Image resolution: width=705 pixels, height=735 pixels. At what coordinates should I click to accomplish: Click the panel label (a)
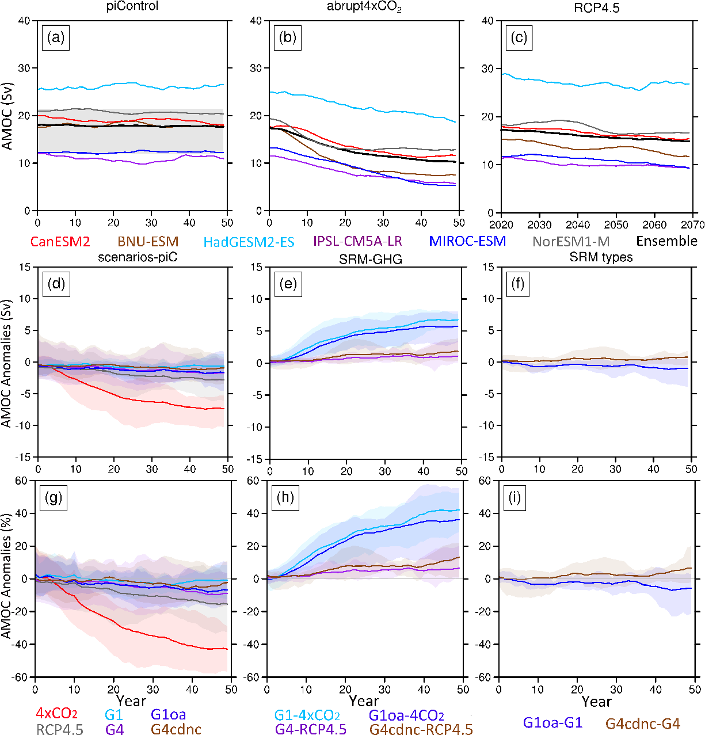(56, 38)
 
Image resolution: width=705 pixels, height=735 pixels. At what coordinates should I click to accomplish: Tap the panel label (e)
(288, 284)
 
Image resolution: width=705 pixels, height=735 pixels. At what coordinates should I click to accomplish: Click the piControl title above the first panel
(132, 7)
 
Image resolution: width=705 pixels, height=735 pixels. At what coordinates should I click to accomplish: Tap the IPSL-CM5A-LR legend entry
(357, 241)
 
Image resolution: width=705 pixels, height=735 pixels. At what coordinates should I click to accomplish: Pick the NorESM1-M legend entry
(571, 242)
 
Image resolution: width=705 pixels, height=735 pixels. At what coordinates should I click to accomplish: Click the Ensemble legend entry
(666, 241)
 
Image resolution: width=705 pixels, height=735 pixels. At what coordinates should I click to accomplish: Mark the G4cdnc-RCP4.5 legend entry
(421, 729)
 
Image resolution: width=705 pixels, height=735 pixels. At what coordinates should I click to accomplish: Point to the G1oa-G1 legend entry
(552, 722)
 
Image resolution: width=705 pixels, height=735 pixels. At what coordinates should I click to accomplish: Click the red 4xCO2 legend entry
(56, 714)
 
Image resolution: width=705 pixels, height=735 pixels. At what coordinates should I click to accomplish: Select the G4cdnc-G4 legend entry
(643, 723)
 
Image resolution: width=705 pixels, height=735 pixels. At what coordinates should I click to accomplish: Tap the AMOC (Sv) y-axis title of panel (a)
(7, 116)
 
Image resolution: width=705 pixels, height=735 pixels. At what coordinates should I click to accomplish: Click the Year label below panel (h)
(364, 701)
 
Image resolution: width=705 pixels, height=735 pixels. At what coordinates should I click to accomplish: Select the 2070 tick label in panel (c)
(693, 224)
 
